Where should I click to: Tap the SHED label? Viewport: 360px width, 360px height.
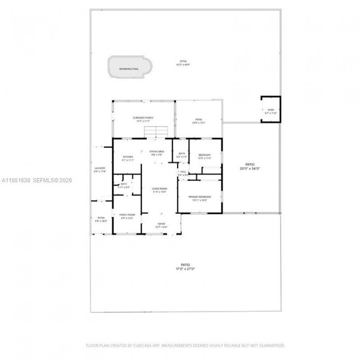[270, 110]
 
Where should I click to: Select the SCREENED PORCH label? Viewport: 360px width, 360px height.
[143, 118]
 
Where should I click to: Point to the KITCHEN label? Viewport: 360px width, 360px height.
[128, 157]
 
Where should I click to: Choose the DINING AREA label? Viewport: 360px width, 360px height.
[157, 152]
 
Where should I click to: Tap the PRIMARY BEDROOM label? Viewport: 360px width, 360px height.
[201, 197]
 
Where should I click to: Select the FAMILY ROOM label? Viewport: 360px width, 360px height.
[127, 215]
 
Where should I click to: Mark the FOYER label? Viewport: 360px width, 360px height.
[161, 224]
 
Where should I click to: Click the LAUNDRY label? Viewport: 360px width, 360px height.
[99, 169]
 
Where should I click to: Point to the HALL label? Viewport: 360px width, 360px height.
[183, 171]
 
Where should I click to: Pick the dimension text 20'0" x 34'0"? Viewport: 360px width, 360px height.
[250, 168]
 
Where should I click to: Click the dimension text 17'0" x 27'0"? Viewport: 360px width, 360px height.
[185, 269]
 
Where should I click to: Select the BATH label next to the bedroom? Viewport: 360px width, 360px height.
[182, 154]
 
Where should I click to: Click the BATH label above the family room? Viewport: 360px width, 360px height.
[123, 184]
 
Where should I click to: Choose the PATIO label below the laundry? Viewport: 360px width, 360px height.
[101, 218]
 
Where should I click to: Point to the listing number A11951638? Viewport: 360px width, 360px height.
[16, 180]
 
